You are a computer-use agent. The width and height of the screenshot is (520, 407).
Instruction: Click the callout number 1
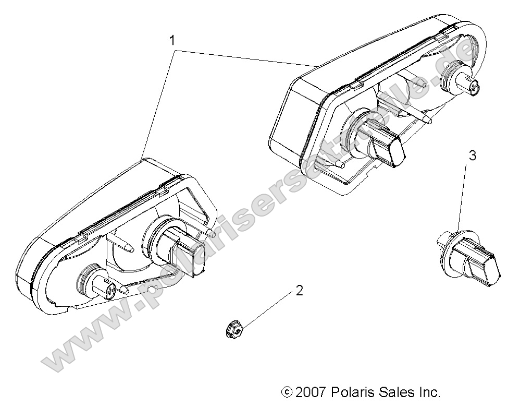(x=171, y=40)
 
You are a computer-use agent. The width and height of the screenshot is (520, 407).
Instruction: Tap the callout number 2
(x=299, y=291)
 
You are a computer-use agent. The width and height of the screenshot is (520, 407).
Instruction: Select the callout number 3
(x=473, y=155)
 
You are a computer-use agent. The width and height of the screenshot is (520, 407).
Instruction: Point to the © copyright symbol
(x=286, y=392)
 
